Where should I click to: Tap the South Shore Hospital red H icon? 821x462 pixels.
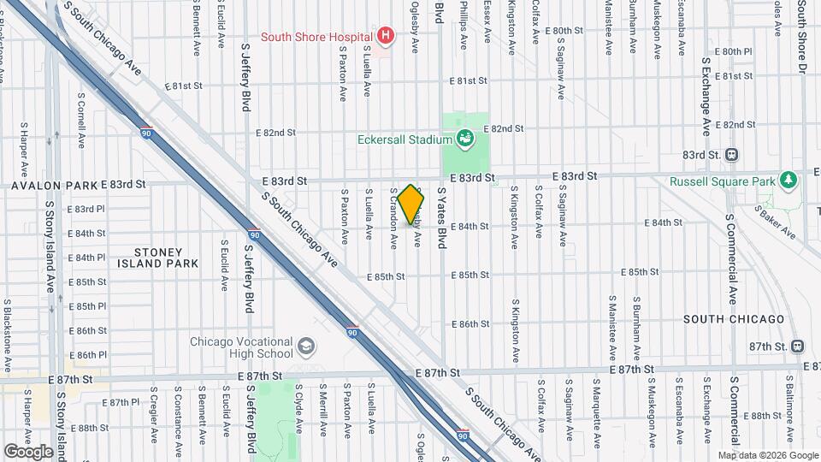386,36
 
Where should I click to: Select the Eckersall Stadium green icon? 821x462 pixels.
465,138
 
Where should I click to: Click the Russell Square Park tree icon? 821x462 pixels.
788,181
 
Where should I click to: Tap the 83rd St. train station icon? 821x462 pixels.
731,154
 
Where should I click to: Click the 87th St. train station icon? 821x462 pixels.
797,346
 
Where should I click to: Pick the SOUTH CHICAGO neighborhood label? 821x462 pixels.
733,319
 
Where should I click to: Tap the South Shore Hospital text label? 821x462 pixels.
316,36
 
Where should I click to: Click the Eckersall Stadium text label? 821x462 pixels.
405,139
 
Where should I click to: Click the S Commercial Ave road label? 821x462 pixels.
732,248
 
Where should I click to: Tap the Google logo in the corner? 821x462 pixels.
28,451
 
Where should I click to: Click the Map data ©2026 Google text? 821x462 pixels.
768,455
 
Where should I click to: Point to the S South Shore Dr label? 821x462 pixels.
802,38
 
